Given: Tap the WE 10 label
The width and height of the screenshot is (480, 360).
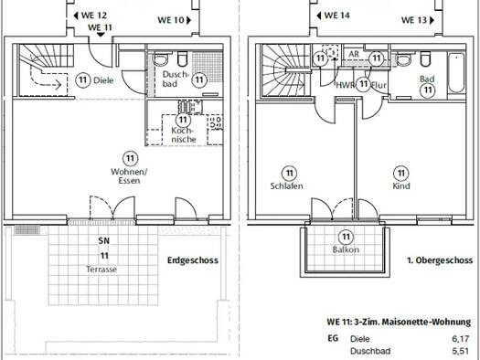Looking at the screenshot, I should pos(170,19).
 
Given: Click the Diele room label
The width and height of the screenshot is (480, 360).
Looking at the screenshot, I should pos(102,79).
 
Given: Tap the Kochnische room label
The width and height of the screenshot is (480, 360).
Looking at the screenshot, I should pos(183,133).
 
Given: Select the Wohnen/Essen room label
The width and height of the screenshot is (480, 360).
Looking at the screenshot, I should pos(129,175).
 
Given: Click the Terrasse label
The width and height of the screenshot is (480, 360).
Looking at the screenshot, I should pos(102,270).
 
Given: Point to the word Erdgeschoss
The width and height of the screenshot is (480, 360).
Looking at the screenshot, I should pos(192,260).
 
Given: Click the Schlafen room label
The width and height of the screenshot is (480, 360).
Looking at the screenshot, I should pos(287,185).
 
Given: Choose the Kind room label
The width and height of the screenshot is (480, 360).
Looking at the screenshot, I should pos(400,185).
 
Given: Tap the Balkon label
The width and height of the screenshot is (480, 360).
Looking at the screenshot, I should pos(346,249).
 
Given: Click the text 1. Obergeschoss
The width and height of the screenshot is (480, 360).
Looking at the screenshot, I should pos(435,260).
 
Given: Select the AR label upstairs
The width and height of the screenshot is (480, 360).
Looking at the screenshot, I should pos(353,53).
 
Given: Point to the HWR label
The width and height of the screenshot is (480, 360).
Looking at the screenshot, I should pos(346,84).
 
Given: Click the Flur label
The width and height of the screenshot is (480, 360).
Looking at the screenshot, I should pos(379,84).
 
